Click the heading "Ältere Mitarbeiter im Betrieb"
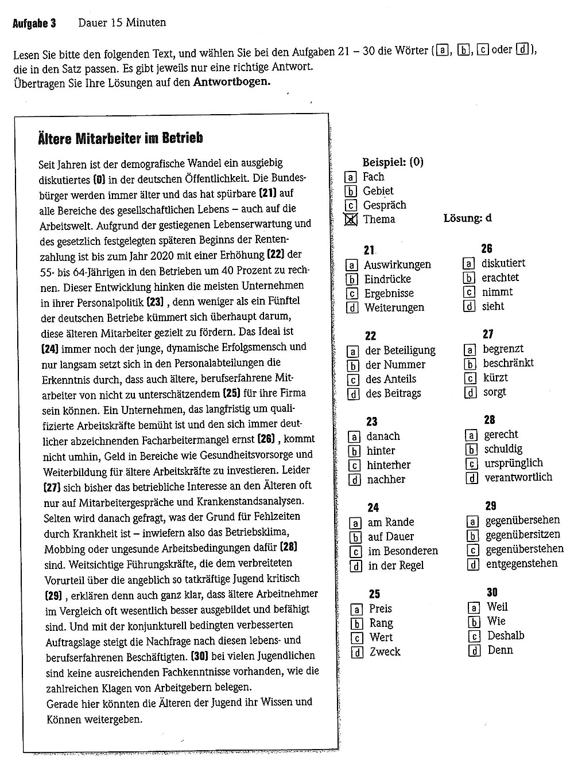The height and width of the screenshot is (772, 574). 120,138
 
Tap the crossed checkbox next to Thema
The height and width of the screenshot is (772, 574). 351,220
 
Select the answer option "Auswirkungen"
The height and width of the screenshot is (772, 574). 397,265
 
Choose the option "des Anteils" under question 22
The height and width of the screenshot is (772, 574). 390,379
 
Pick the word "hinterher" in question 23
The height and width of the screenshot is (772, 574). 389,465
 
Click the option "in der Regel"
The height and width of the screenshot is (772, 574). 395,566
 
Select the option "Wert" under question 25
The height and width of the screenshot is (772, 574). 381,637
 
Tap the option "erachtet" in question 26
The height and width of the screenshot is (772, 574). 500,278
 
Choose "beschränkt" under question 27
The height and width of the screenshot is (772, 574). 508,363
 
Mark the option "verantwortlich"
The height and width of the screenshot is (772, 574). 518,477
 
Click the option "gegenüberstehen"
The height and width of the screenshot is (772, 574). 524,549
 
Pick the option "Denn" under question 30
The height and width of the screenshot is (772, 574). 500,650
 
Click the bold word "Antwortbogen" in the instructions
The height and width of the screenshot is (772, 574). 231,81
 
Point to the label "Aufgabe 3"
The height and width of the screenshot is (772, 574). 34,24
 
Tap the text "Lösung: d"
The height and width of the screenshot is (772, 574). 467,219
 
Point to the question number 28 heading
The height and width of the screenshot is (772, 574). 489,420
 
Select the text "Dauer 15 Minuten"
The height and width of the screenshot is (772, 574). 122,23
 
